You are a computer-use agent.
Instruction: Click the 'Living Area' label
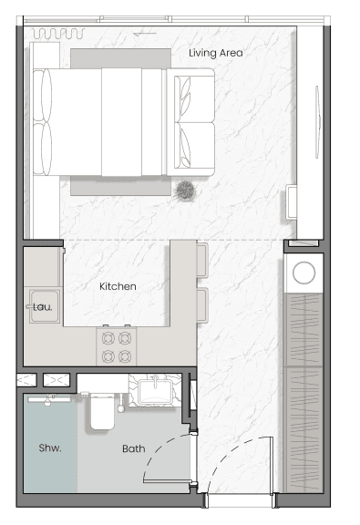[x=216, y=53]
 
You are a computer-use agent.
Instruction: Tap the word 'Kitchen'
[x=118, y=286]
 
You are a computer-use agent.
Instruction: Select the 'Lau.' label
[x=43, y=307]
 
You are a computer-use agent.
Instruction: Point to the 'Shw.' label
[x=49, y=448]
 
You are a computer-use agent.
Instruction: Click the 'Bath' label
[x=133, y=448]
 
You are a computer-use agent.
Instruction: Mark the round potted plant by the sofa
[x=187, y=190]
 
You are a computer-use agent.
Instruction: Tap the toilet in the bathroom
[x=101, y=411]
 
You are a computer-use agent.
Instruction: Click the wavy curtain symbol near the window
[x=57, y=34]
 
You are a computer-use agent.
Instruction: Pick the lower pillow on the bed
[x=44, y=149]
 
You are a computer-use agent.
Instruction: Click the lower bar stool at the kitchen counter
[x=202, y=302]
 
